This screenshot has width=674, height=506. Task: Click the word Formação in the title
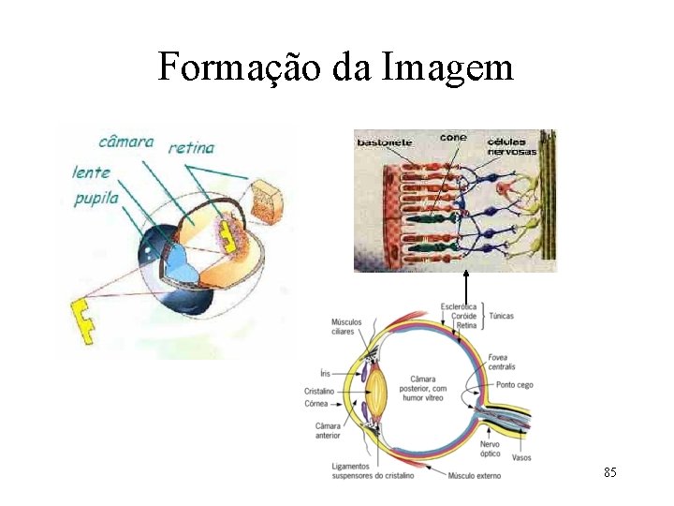pyautogui.click(x=238, y=67)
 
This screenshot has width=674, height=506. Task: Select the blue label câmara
pyautogui.click(x=126, y=141)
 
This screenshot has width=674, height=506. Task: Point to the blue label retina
pyautogui.click(x=191, y=147)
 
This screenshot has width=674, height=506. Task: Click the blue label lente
pyautogui.click(x=91, y=172)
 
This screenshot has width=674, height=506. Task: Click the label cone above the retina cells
pyautogui.click(x=453, y=138)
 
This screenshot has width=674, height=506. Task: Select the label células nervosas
pyautogui.click(x=511, y=146)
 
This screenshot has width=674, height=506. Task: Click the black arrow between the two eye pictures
pyautogui.click(x=465, y=286)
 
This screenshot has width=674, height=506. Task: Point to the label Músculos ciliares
pyautogui.click(x=347, y=326)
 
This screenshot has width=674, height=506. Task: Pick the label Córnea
pyautogui.click(x=316, y=404)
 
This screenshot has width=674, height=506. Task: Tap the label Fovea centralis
pyautogui.click(x=501, y=362)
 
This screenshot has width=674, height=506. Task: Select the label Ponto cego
pyautogui.click(x=515, y=385)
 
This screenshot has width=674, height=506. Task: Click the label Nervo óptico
pyautogui.click(x=490, y=449)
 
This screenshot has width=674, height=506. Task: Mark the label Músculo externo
pyautogui.click(x=475, y=475)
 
